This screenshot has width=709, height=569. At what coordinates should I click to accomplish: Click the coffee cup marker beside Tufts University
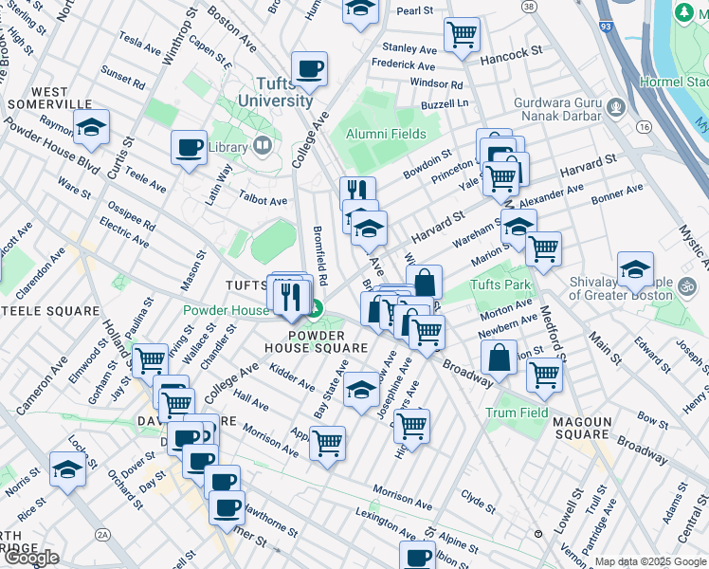coord(310,69)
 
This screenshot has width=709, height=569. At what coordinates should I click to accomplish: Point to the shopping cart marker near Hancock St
coord(462,35)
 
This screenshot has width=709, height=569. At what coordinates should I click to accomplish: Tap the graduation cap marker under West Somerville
coord(92,127)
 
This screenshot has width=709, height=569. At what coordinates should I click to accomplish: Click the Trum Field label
coord(517,413)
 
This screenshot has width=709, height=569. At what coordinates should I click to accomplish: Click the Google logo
coord(30,558)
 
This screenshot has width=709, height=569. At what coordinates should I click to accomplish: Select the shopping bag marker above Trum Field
coord(499,358)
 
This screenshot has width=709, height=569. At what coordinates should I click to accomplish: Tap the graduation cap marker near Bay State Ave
coord(360,390)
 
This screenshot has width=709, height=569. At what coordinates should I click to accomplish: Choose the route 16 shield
coord(645,126)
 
